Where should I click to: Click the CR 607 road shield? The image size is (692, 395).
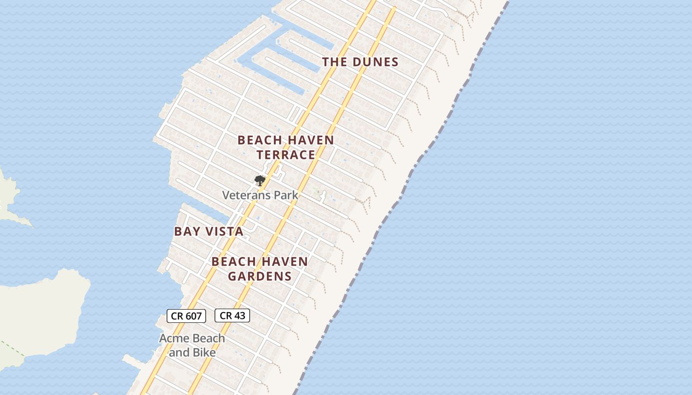(x=186, y=316)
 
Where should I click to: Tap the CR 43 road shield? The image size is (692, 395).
(x=232, y=316)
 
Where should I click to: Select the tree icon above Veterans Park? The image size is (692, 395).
(x=259, y=181)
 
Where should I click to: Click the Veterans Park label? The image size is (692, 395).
(x=260, y=195)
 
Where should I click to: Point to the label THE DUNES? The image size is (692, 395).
(x=360, y=62)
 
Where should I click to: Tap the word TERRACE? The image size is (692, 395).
(x=286, y=155)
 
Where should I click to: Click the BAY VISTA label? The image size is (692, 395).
(x=209, y=232)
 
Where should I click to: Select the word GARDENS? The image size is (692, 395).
(x=260, y=276)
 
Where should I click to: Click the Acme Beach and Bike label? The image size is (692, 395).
(x=192, y=345)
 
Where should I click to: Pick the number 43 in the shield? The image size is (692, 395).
(x=239, y=316)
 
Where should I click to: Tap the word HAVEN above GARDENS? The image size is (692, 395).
(x=285, y=262)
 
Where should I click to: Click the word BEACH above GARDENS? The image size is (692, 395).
(x=233, y=262)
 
